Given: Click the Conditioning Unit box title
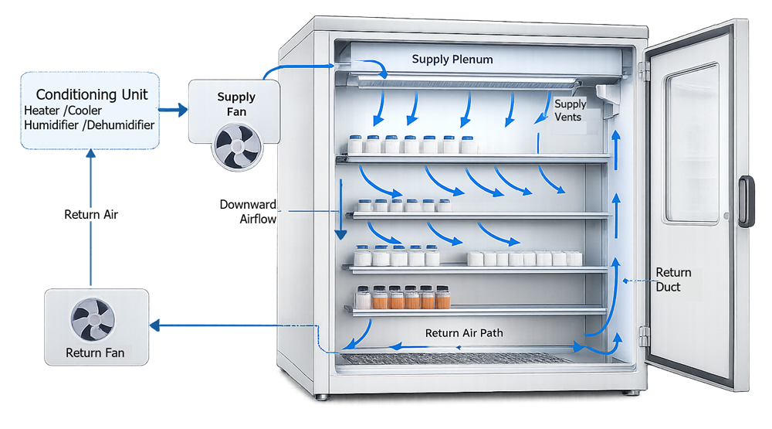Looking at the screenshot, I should pos(92,95).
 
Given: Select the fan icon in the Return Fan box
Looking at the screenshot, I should pos(93,319).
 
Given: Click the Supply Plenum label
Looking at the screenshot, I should pos(452,60).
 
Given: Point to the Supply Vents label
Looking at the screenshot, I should pos(571,110).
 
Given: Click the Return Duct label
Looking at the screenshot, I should pos(673,279).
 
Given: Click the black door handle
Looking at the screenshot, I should pos(745,201).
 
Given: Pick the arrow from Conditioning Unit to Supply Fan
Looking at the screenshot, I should pos(174,110).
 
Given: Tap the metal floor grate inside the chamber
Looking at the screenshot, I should pos(455,358).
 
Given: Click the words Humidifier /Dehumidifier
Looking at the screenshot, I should pos(89,124).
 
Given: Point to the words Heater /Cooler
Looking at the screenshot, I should pos(63,111).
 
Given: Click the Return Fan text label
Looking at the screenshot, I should pos(95,353).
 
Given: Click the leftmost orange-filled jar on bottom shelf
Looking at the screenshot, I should pos(362,298).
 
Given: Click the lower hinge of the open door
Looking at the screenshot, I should pos(643,335).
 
